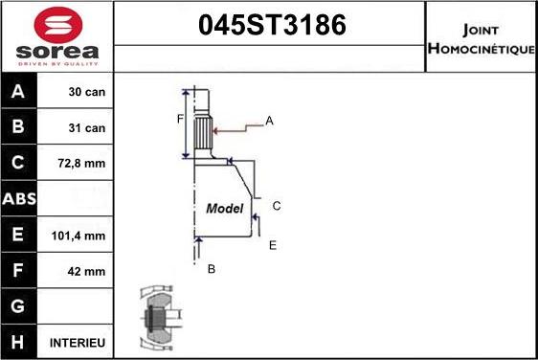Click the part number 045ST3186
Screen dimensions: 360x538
coord(270,27)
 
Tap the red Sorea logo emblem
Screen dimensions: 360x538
coord(56,23)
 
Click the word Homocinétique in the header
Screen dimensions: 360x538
coord(481,48)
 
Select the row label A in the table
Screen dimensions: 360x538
coord(19,93)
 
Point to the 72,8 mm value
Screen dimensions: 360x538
coord(84,164)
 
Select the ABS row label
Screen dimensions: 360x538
coord(20,199)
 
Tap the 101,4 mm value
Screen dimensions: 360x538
coord(81,236)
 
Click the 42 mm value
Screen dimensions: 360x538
coord(86,271)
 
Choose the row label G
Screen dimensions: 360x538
coord(19,306)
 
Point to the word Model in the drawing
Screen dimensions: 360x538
coord(225,208)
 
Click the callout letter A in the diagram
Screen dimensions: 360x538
coord(269,121)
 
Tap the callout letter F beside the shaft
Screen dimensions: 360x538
coord(179,119)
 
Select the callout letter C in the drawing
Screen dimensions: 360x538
coord(276,206)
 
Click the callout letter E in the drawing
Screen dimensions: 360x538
coord(272,246)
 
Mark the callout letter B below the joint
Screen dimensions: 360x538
coord(211,269)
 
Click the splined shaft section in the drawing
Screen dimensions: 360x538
coord(201,129)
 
